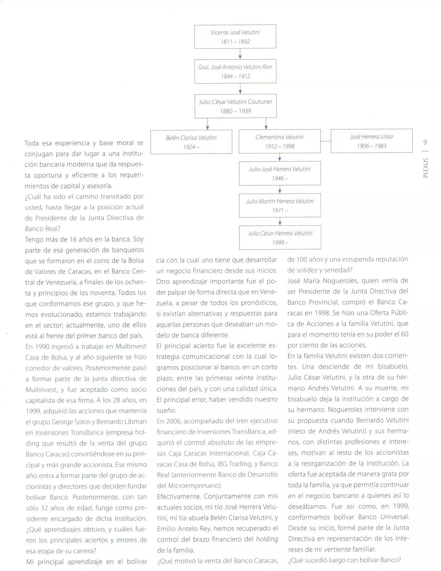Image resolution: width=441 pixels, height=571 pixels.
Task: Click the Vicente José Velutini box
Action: tap(235, 37)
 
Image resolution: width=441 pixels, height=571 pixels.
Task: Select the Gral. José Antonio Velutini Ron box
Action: tap(235, 71)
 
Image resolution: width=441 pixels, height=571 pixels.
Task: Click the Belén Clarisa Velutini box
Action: tap(191, 142)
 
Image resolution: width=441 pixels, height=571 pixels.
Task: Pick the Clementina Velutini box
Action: tap(280, 141)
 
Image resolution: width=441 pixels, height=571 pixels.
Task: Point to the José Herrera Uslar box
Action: tap(371, 141)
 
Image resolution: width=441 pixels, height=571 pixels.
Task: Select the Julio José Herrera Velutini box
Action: tap(280, 173)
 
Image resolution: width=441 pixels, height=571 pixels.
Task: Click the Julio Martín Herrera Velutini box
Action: tap(280, 206)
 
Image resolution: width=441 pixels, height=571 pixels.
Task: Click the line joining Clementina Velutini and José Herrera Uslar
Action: tap(326, 141)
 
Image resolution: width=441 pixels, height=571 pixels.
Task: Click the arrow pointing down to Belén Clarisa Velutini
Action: tap(207, 124)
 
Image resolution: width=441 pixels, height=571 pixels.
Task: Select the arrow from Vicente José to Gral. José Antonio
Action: tap(240, 54)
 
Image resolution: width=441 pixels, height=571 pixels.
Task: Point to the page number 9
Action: tap(425, 142)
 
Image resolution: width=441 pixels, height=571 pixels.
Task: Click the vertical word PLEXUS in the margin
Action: tap(425, 168)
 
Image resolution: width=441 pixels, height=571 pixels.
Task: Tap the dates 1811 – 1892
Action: tap(235, 42)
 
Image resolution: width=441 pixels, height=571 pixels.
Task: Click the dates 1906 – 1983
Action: tap(371, 146)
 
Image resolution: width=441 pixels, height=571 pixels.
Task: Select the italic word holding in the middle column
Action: tap(267, 539)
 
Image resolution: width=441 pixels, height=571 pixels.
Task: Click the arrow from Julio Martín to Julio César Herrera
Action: tap(280, 222)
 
